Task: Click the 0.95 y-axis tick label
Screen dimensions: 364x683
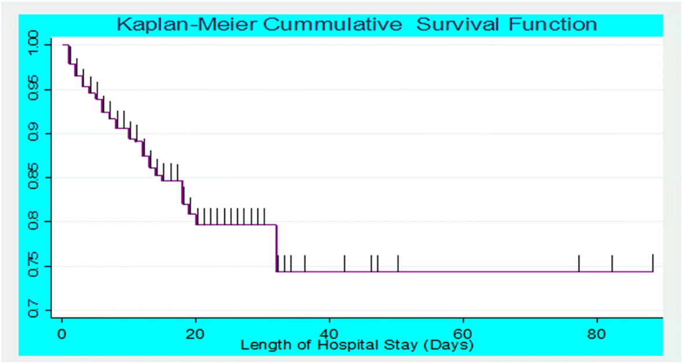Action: [x=33, y=90]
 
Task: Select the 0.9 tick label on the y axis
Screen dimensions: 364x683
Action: [x=33, y=133]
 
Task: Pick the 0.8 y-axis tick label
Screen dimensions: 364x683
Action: [x=33, y=222]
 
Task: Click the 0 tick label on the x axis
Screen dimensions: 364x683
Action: [x=62, y=333]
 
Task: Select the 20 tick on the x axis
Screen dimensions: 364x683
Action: [x=195, y=333]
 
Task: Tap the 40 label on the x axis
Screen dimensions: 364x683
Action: [x=329, y=333]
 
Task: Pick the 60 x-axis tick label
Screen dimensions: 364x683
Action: [x=463, y=333]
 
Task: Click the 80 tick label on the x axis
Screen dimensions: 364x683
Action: [x=596, y=333]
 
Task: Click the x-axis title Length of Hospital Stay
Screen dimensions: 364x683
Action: [x=357, y=346]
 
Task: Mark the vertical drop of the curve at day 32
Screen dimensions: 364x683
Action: [x=276, y=248]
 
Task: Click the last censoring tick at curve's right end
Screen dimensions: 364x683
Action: [x=652, y=262]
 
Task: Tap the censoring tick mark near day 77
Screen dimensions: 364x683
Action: [x=579, y=263]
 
